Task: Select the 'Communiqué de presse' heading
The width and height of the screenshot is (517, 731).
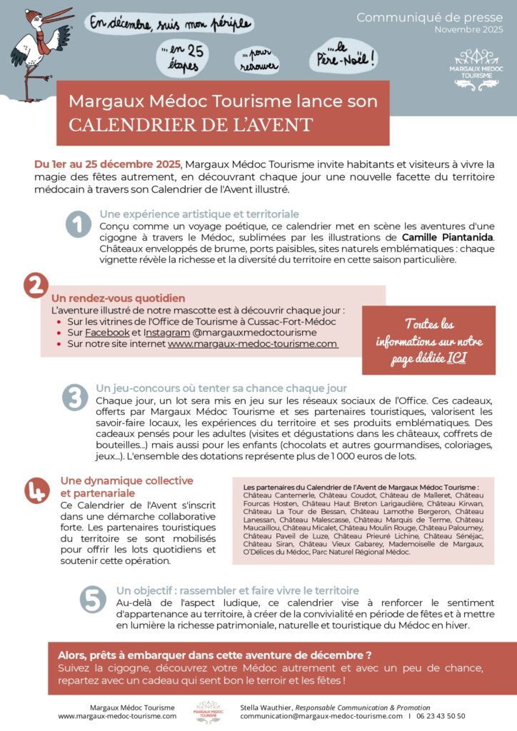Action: pos(429,16)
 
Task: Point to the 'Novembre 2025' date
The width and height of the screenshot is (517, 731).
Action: pos(468,29)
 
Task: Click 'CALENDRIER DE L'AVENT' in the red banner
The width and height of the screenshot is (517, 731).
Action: pos(191,124)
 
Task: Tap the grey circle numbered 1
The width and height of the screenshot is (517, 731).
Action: pos(78,224)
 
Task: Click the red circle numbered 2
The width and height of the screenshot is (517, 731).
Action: pos(34,285)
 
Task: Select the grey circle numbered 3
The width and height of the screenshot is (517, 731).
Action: pos(74,398)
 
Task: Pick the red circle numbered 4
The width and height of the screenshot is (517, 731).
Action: pos(36,490)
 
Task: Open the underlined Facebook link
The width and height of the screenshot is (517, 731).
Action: pos(107,333)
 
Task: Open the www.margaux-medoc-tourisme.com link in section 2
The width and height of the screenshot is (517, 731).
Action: pos(252,343)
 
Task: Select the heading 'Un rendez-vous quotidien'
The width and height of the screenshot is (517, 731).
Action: pos(119,298)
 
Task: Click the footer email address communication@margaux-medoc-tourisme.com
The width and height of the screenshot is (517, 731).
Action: pos(321,715)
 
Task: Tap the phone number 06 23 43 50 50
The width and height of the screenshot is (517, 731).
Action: pos(441,715)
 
